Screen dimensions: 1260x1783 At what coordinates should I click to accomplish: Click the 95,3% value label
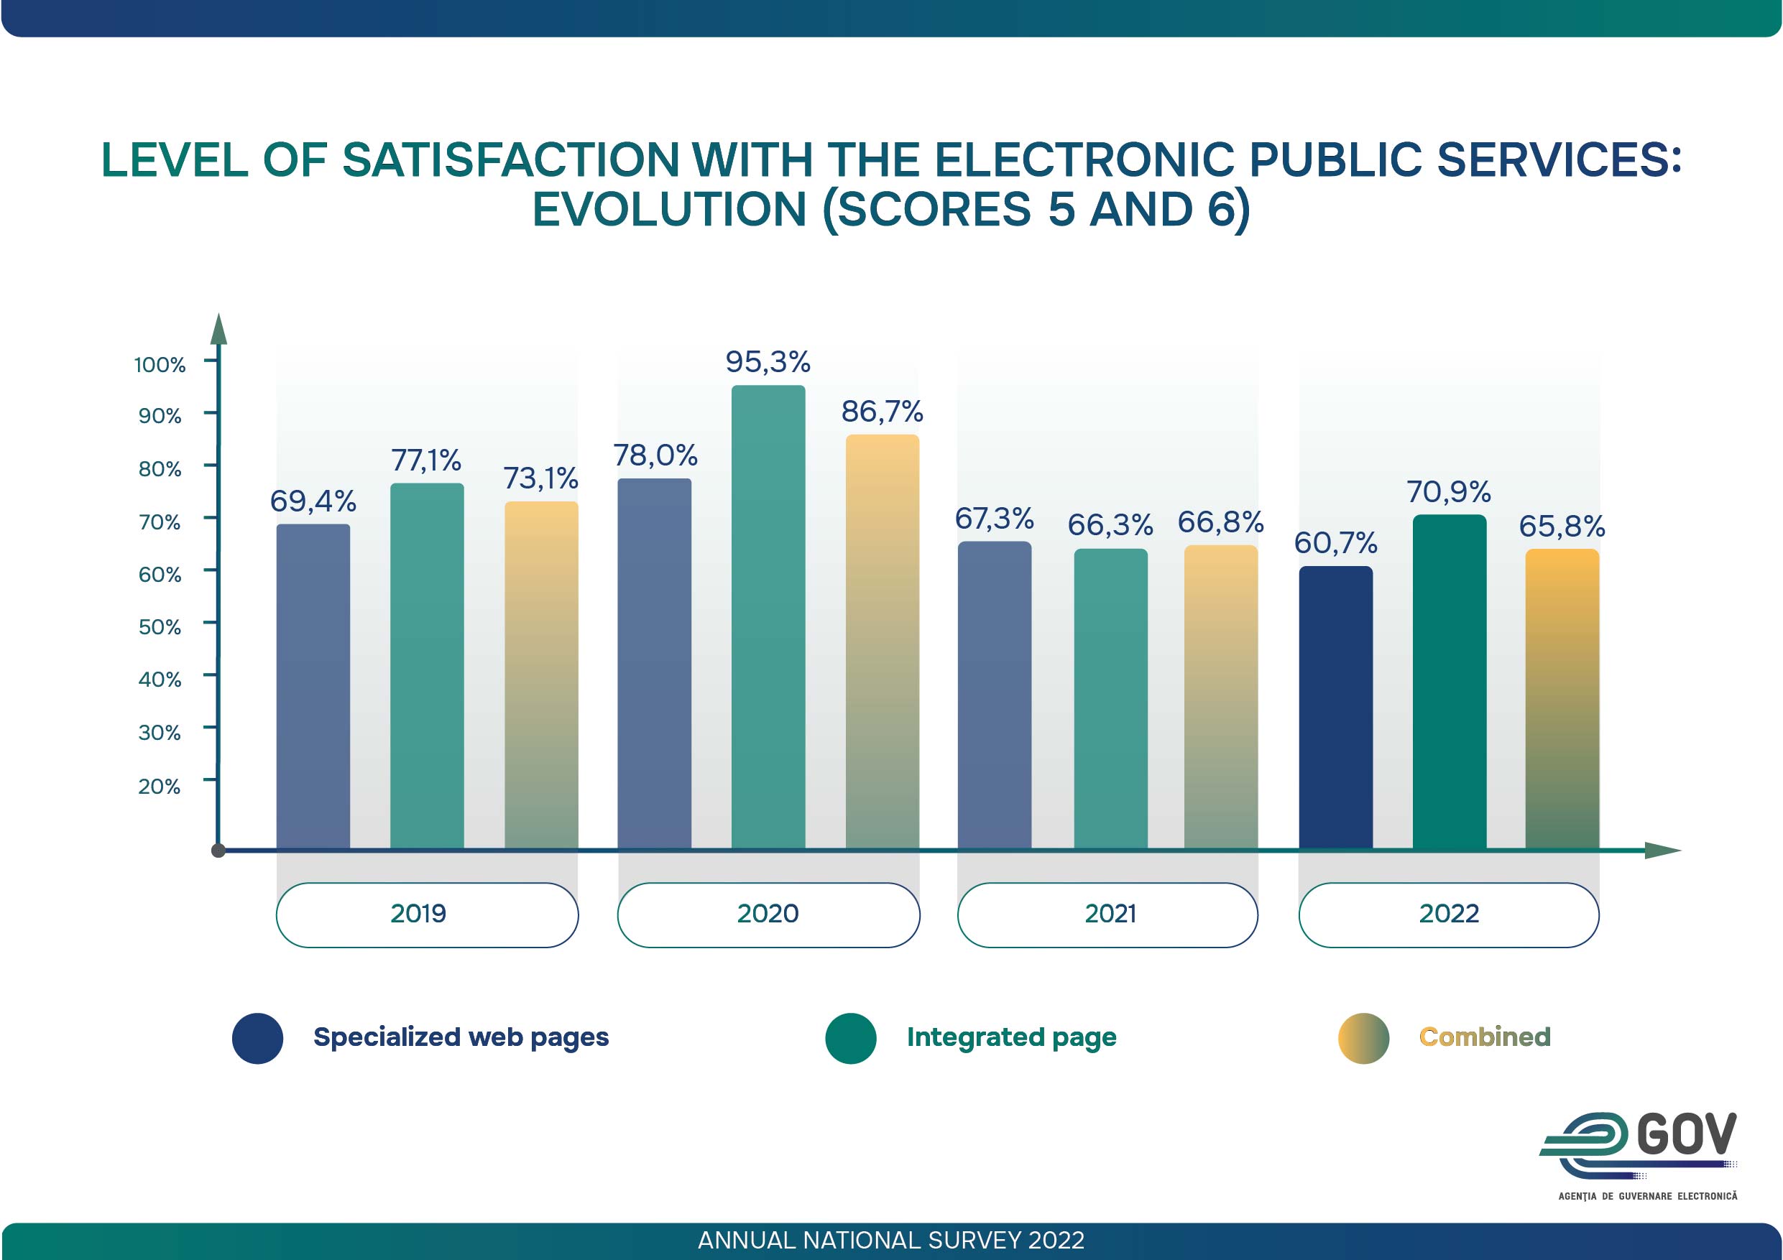(x=768, y=362)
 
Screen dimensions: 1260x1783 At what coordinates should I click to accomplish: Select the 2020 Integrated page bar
(x=768, y=616)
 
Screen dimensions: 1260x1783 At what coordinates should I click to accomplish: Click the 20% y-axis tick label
(x=160, y=787)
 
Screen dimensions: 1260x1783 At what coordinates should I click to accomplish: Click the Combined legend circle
(x=1363, y=1038)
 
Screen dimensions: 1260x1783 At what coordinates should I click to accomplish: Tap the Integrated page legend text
(x=1011, y=1037)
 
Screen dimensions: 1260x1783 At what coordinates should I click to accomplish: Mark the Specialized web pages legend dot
(x=258, y=1038)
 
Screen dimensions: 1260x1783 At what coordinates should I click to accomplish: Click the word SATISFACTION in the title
(x=511, y=160)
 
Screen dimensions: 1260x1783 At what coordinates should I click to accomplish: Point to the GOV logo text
(x=1686, y=1135)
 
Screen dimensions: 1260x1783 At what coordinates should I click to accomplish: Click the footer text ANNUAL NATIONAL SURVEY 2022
(x=890, y=1241)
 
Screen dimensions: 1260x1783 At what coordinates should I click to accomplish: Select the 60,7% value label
(x=1335, y=542)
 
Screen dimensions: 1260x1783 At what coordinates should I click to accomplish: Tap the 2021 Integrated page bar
(x=1110, y=698)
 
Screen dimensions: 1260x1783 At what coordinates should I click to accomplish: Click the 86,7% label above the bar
(x=883, y=412)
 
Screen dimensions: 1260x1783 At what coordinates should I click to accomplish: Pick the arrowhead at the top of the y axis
(x=219, y=329)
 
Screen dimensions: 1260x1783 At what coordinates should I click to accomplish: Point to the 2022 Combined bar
(x=1562, y=699)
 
